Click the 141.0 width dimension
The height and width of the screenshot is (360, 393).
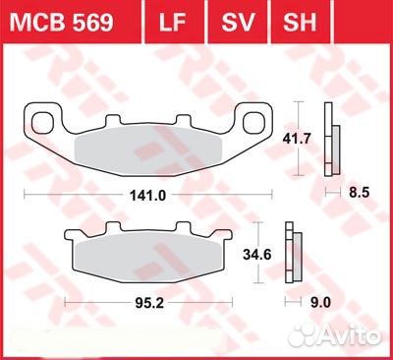[151, 196]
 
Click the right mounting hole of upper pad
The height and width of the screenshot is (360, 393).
[256, 124]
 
